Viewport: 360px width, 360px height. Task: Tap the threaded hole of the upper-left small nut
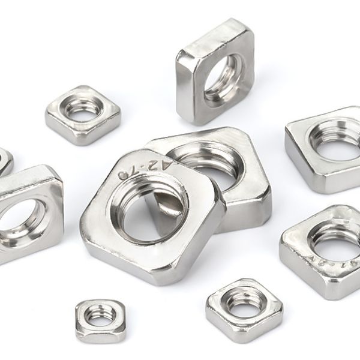coord(82,110)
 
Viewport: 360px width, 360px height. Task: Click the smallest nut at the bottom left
coord(100,320)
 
